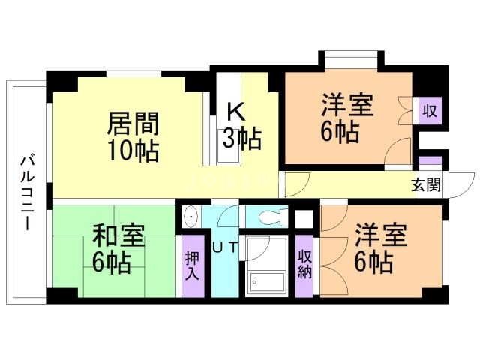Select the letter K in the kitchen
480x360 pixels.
point(235,111)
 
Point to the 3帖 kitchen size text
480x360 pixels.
point(240,138)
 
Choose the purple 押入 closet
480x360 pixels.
point(193,265)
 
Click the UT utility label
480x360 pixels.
point(225,247)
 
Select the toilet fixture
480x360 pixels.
point(268,216)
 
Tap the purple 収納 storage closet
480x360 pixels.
point(304,265)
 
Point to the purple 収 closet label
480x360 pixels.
point(430,112)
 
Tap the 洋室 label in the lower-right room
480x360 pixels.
point(381,235)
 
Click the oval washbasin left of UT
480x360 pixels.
point(191,217)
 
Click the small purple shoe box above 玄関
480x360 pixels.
point(430,161)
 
